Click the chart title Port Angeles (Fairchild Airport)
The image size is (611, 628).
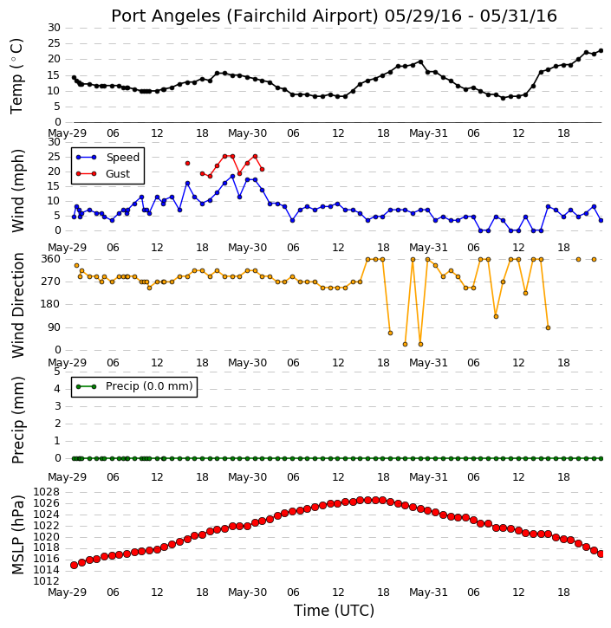pyautogui.click(x=244, y=16)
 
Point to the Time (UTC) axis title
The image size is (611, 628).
pyautogui.click(x=334, y=611)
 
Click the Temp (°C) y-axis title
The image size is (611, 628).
pyautogui.click(x=16, y=76)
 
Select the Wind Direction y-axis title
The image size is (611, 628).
pyautogui.click(x=18, y=305)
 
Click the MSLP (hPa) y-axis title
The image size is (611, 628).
pyautogui.click(x=18, y=535)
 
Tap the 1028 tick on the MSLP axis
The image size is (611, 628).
pyautogui.click(x=47, y=492)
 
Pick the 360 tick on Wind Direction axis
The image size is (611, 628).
pyautogui.click(x=51, y=259)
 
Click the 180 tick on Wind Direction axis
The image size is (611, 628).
pyautogui.click(x=51, y=304)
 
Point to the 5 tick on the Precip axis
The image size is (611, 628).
pyautogui.click(x=57, y=372)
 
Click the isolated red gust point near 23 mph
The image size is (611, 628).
pyautogui.click(x=187, y=164)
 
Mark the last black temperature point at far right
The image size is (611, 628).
pyautogui.click(x=601, y=51)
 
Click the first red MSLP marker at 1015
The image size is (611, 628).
pyautogui.click(x=75, y=565)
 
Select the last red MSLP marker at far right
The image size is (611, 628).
pyautogui.click(x=601, y=554)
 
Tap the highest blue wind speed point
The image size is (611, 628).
pyautogui.click(x=232, y=176)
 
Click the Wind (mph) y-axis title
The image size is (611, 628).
pyautogui.click(x=18, y=191)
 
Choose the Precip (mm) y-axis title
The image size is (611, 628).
pyautogui.click(x=18, y=420)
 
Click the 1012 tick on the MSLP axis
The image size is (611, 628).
pyautogui.click(x=47, y=581)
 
